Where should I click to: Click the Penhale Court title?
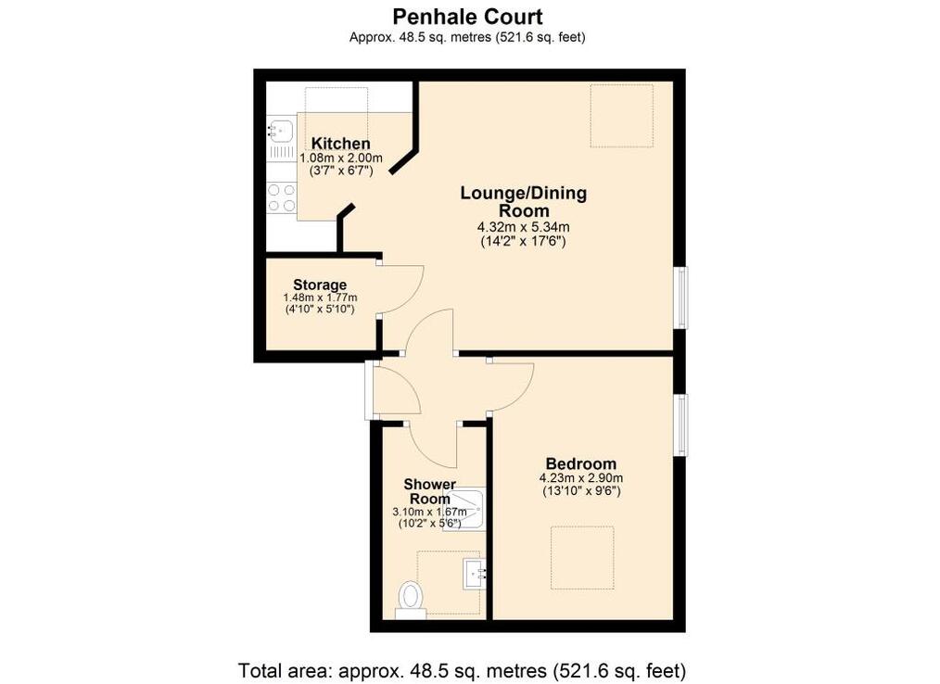[467, 16]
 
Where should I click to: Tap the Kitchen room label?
[340, 144]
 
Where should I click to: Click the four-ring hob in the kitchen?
[282, 197]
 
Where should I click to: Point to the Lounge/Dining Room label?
[524, 202]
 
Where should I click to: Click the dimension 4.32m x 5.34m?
[524, 227]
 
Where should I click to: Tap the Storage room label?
[320, 285]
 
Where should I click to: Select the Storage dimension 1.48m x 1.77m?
[320, 298]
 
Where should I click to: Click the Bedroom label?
[581, 463]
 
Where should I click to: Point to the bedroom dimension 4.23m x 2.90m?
[581, 478]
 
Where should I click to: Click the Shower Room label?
[430, 491]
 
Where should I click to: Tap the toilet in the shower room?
[411, 599]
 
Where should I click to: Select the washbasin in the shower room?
[475, 574]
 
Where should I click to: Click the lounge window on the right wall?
[682, 298]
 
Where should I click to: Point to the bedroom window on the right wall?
[682, 424]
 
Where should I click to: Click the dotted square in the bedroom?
[582, 558]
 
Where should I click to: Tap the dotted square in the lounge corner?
[622, 116]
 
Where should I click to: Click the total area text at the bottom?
[462, 669]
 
